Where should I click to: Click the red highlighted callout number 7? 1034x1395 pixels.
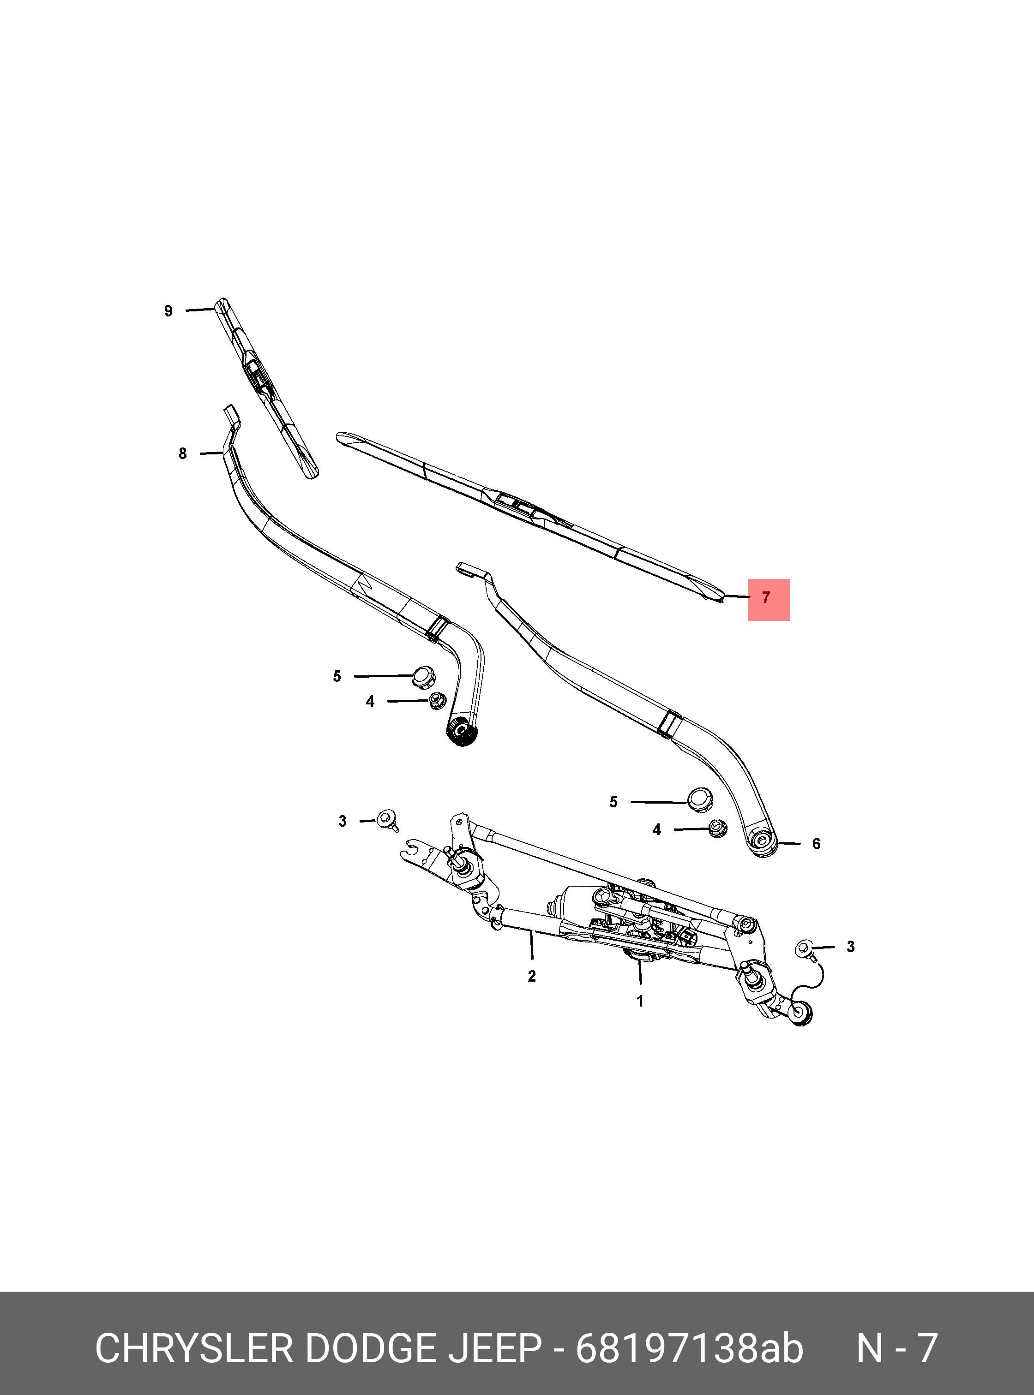click(x=768, y=599)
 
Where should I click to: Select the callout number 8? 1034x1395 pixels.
click(x=182, y=453)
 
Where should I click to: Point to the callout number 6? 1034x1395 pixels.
click(x=816, y=844)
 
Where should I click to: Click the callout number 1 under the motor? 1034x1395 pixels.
click(x=640, y=1002)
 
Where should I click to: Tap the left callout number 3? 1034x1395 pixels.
click(x=343, y=821)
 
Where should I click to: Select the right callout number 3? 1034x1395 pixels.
click(x=850, y=947)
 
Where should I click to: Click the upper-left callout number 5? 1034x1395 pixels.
click(x=337, y=676)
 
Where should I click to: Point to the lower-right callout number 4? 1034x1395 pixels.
click(x=656, y=830)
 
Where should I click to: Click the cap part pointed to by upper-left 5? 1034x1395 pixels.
click(x=424, y=676)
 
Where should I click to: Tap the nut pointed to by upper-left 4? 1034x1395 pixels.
click(x=437, y=701)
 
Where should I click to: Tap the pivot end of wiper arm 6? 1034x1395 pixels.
click(x=763, y=841)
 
